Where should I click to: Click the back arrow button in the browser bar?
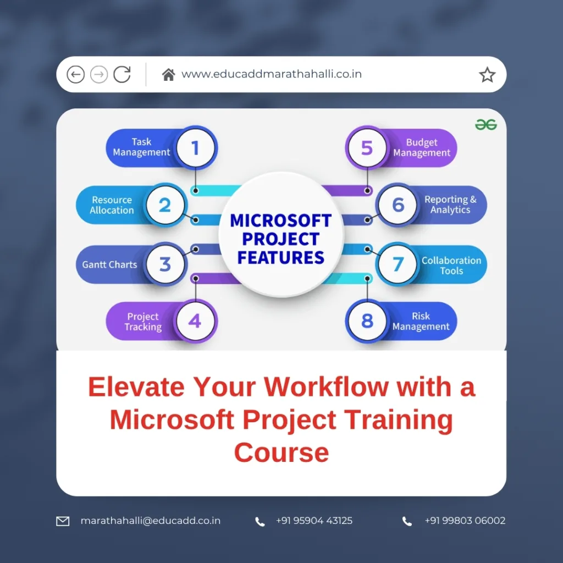(x=75, y=74)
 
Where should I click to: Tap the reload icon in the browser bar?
(x=122, y=74)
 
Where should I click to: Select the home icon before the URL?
(x=168, y=74)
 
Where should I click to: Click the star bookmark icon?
(x=487, y=75)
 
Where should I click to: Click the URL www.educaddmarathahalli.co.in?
(x=272, y=74)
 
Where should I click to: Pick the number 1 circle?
(x=195, y=147)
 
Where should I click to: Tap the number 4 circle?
(x=195, y=321)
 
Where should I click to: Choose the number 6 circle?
(x=398, y=205)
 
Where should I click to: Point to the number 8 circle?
(x=367, y=321)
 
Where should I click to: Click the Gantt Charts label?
(x=109, y=264)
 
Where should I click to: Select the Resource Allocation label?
(x=112, y=205)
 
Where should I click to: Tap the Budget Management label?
(x=422, y=148)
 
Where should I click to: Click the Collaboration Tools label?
(x=451, y=266)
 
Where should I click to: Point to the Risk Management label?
(x=421, y=322)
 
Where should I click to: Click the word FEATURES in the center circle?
(x=281, y=257)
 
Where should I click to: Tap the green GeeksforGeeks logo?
(x=486, y=125)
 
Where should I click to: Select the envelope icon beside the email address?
(x=63, y=521)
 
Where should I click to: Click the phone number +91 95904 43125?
(x=314, y=521)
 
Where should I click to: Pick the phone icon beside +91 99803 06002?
(x=407, y=521)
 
